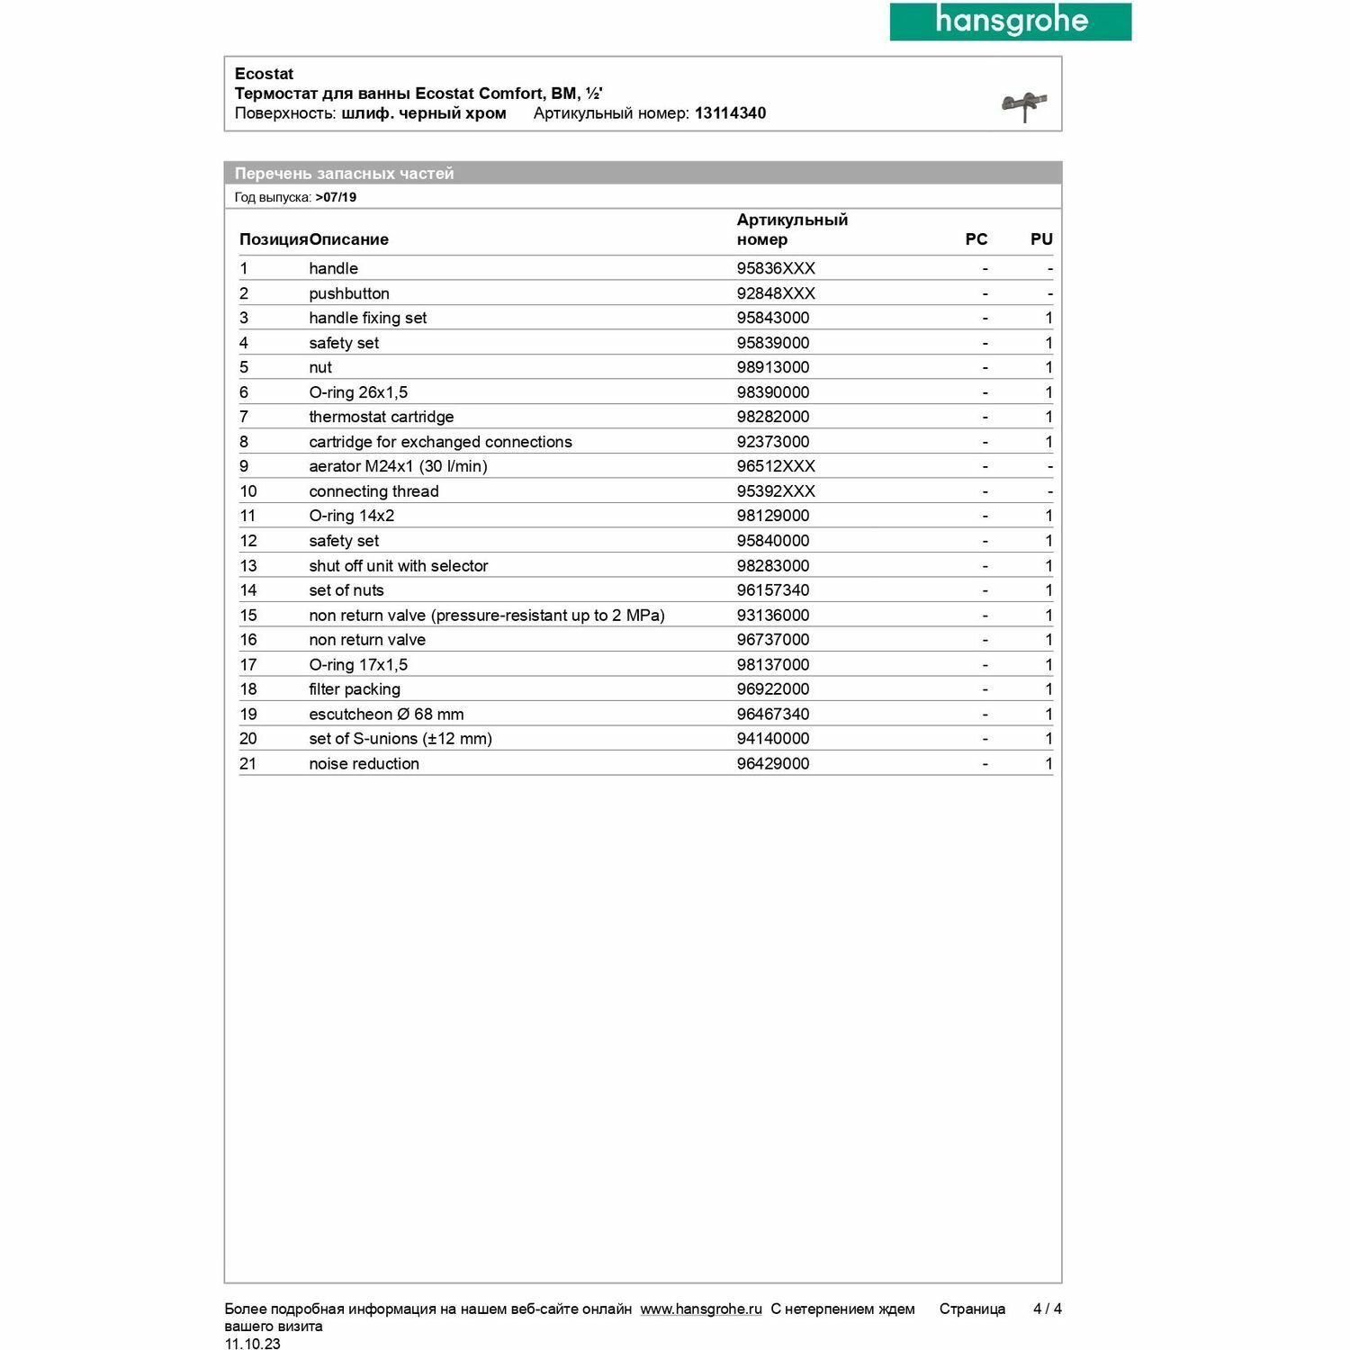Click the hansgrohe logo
(1010, 22)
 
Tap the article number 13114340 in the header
(730, 113)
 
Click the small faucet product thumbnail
(1024, 106)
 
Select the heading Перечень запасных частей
(344, 174)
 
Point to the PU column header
(1041, 239)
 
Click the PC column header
(976, 239)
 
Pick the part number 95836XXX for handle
(776, 268)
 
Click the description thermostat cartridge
(381, 417)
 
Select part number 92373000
(773, 442)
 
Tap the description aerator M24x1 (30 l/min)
(398, 466)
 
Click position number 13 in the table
(248, 566)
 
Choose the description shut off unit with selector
(398, 566)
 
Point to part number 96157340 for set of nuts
(773, 590)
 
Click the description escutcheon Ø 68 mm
(386, 715)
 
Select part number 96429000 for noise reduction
(773, 764)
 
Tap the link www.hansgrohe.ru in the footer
(701, 1309)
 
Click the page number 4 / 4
(1048, 1309)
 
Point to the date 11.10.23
(252, 1344)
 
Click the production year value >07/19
(336, 198)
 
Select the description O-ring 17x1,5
(358, 665)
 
